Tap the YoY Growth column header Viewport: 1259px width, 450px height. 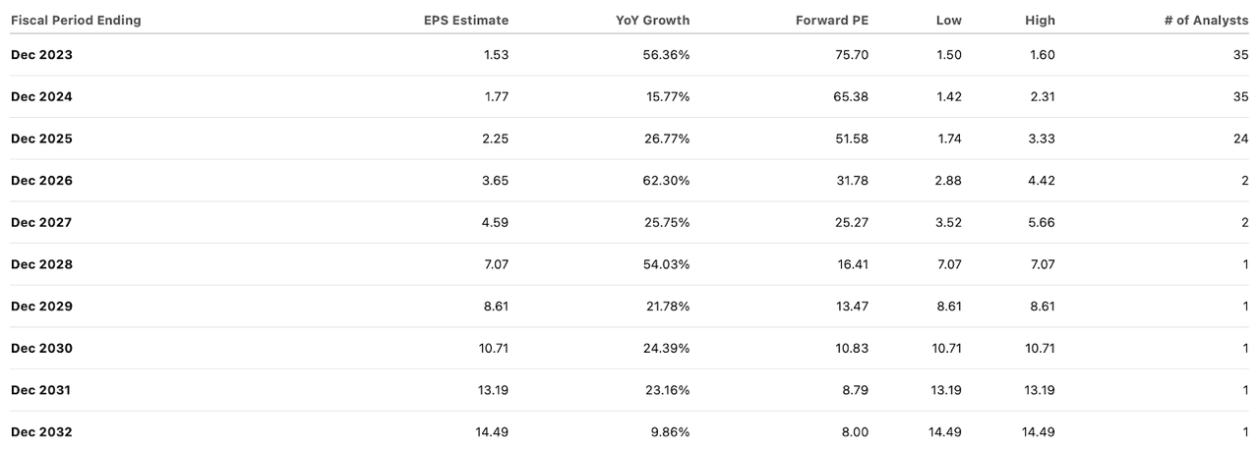coord(652,20)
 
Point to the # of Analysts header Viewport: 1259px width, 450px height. coord(1206,20)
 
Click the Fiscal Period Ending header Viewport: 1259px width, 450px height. coord(76,20)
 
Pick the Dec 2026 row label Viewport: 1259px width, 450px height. coord(41,181)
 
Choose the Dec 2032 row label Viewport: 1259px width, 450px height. coord(41,432)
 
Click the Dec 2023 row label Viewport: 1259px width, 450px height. coord(41,55)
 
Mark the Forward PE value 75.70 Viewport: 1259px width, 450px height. coord(851,55)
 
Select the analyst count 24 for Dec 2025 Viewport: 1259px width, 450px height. coord(1240,139)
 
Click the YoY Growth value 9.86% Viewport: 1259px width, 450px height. coord(670,432)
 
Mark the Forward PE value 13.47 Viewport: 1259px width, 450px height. coord(851,307)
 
